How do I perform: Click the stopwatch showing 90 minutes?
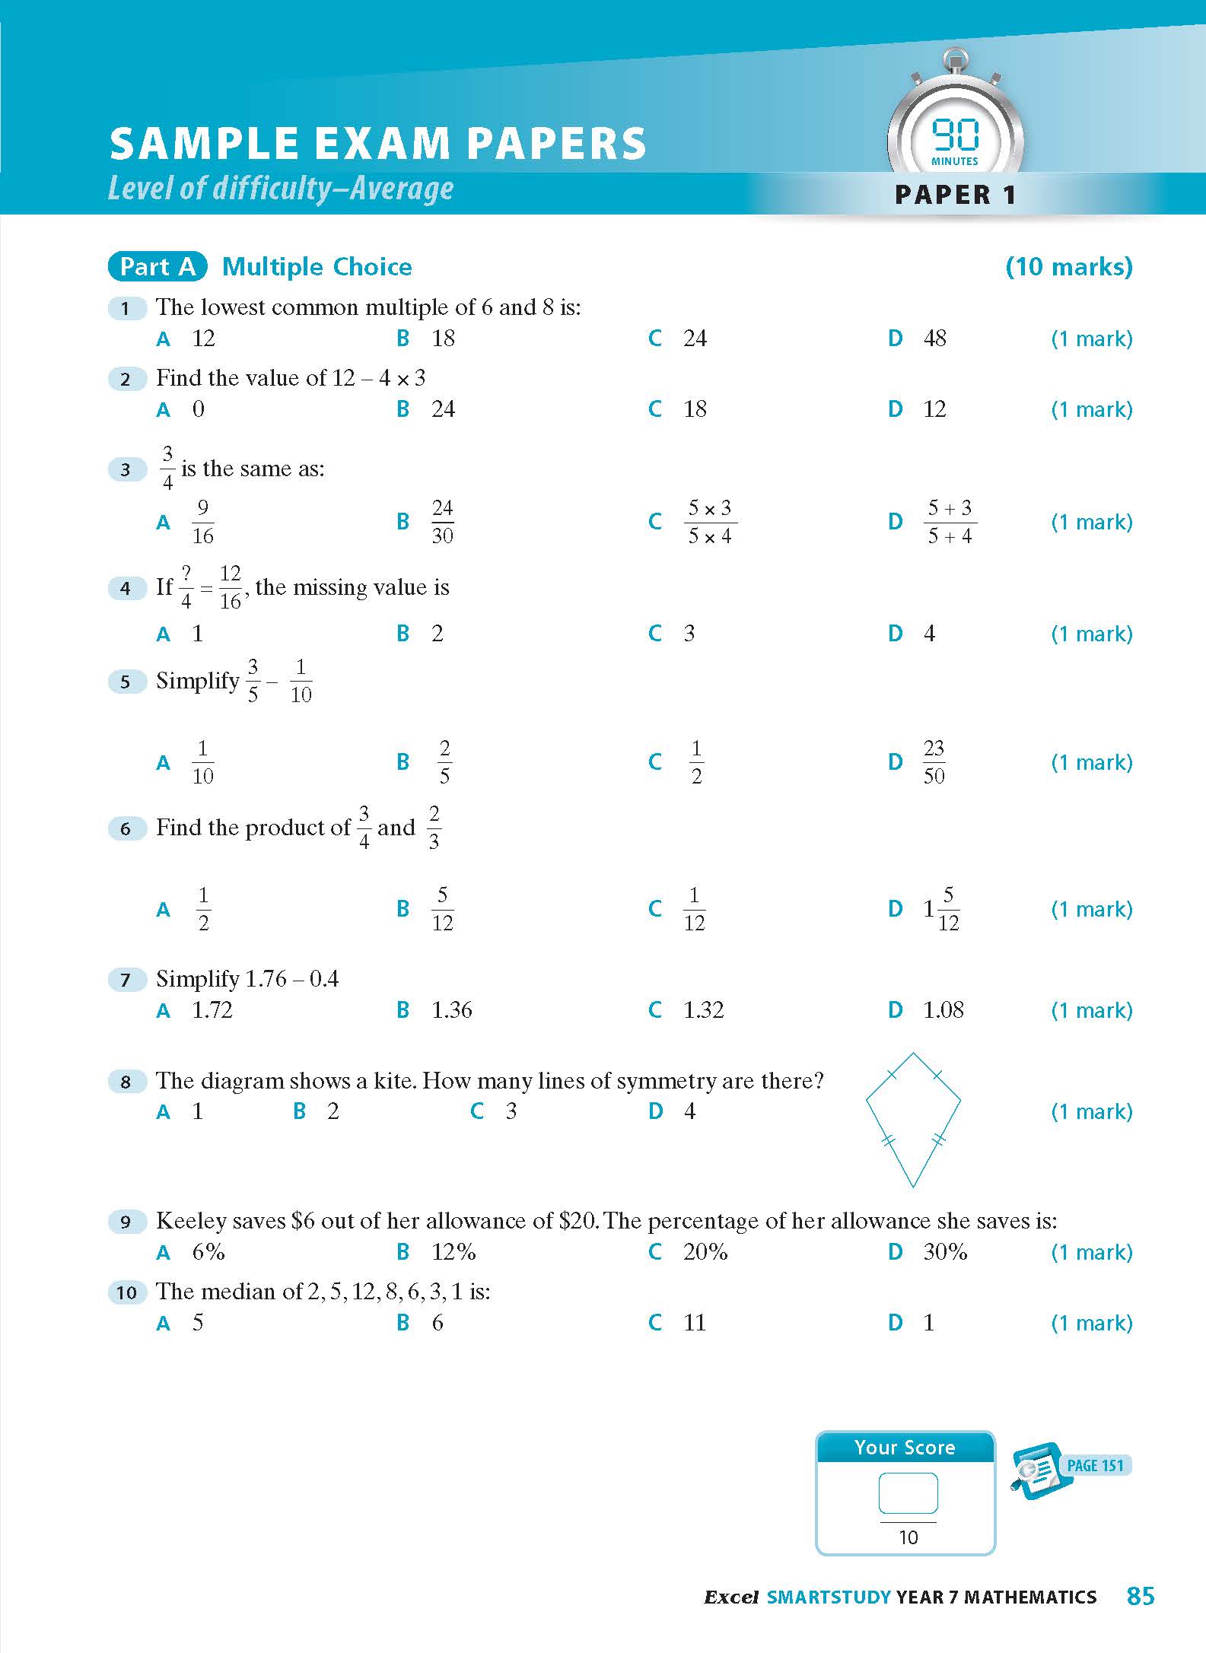(x=955, y=129)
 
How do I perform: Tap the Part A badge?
(x=158, y=266)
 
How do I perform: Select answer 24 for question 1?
(x=694, y=339)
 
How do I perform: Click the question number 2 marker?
(x=126, y=379)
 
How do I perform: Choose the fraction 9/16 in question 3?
(x=202, y=522)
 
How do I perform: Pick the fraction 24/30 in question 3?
(x=442, y=522)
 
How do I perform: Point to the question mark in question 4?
(x=186, y=574)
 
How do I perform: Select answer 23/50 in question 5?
(x=934, y=761)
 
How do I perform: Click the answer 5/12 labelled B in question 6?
(x=442, y=908)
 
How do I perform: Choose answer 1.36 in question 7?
(x=451, y=1010)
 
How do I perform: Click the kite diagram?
(x=913, y=1118)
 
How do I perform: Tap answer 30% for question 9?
(x=944, y=1252)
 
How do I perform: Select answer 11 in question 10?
(x=694, y=1323)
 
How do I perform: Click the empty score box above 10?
(x=908, y=1492)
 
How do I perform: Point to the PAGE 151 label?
(x=1095, y=1466)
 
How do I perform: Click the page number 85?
(x=1141, y=1596)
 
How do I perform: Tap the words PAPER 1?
(x=955, y=195)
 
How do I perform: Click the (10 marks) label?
(x=1068, y=266)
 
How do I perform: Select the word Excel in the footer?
(x=730, y=1597)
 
